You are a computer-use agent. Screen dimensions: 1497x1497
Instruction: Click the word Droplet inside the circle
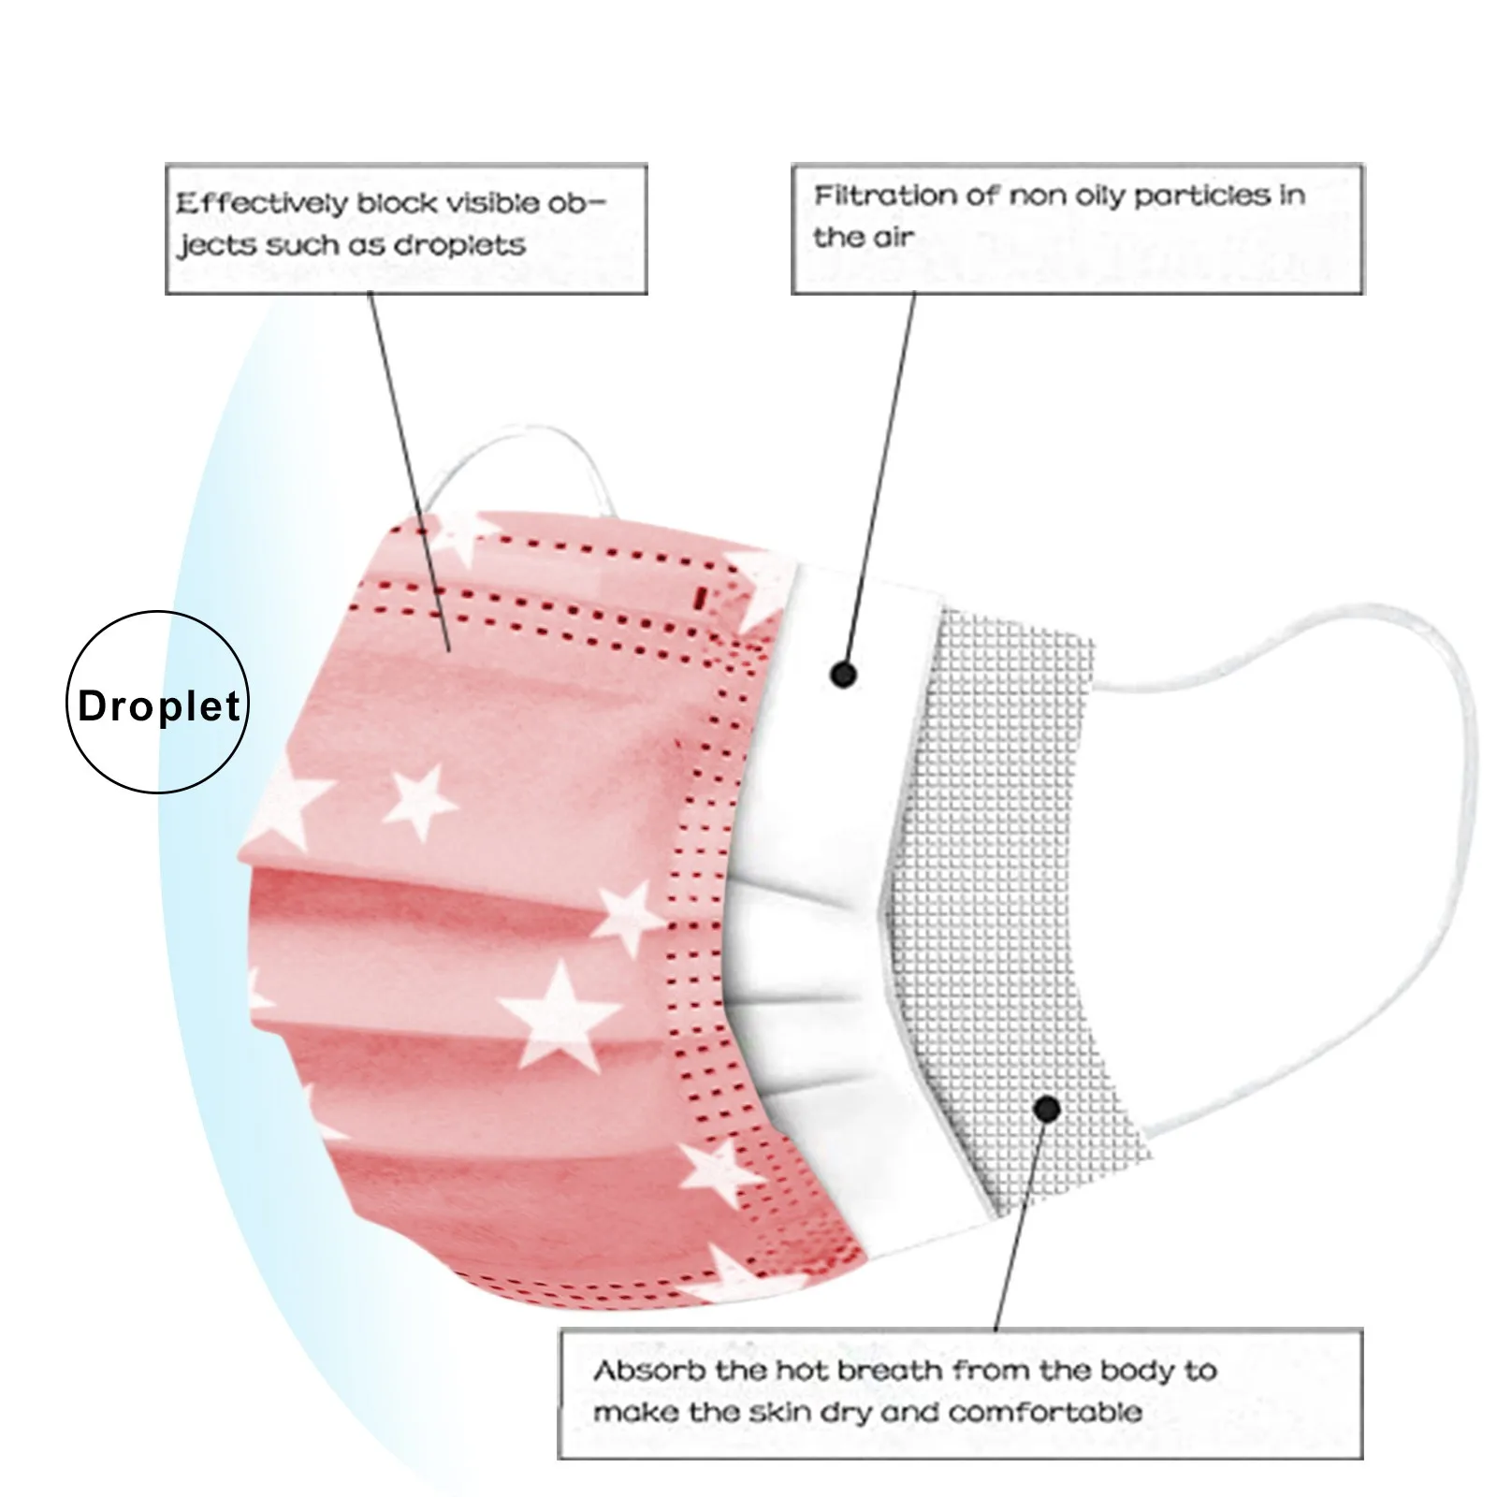[158, 705]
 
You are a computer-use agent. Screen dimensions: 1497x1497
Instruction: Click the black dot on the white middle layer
[843, 674]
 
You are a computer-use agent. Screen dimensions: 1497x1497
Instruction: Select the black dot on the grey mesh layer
[1047, 1110]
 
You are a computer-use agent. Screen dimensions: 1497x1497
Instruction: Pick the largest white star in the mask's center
[560, 1014]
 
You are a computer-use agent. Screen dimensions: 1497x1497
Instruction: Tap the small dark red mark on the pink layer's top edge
[701, 596]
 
